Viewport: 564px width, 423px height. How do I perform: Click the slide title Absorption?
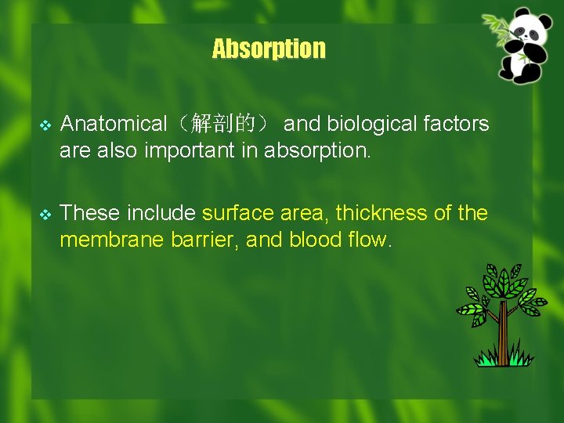click(x=269, y=49)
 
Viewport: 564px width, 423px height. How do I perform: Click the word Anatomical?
click(x=114, y=124)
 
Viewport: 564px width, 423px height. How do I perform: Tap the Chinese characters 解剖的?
click(x=223, y=124)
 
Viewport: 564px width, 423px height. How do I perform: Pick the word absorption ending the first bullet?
click(x=316, y=150)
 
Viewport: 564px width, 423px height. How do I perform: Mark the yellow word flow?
click(x=367, y=240)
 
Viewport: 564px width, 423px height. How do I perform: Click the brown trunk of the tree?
click(x=503, y=333)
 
